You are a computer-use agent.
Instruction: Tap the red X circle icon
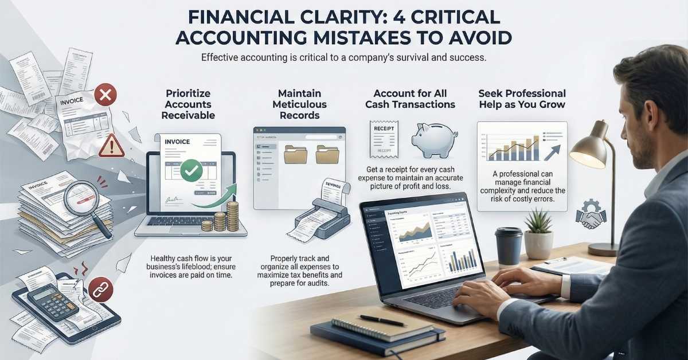point(104,95)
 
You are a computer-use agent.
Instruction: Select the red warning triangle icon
point(111,147)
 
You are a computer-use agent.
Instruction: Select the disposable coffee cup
point(508,247)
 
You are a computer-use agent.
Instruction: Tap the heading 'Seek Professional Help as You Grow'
point(522,99)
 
